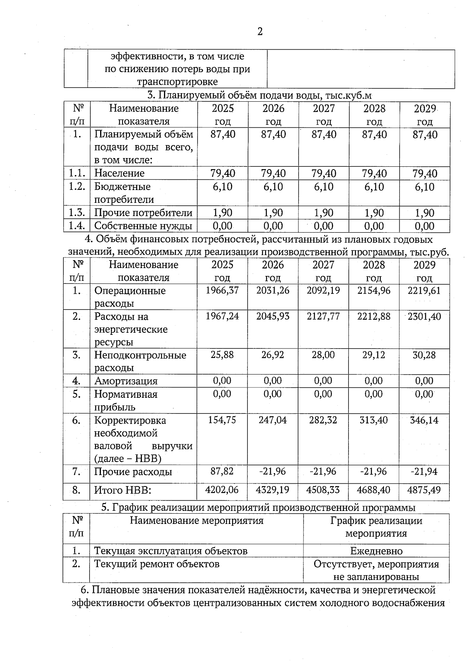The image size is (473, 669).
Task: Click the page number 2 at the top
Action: (260, 32)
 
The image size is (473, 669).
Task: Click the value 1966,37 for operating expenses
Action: (222, 291)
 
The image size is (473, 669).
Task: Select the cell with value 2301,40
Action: (424, 316)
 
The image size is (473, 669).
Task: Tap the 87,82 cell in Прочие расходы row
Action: (222, 471)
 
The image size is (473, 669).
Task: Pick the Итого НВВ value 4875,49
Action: (424, 490)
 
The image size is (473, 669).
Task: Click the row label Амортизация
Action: (126, 381)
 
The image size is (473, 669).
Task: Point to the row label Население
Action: (119, 173)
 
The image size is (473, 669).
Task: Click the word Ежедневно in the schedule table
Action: (376, 551)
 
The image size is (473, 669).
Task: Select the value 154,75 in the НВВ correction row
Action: (222, 420)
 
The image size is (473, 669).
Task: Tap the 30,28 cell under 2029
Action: (424, 355)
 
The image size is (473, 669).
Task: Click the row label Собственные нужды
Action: (143, 226)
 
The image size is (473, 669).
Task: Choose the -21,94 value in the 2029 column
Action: (424, 471)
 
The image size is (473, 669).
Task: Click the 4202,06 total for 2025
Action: (222, 490)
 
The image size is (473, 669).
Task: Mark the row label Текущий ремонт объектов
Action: (156, 564)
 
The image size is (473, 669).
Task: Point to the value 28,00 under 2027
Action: (323, 355)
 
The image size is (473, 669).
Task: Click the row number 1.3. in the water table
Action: (77, 213)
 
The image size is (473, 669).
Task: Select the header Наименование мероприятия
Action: (196, 521)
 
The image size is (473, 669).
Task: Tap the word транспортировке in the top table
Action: (177, 82)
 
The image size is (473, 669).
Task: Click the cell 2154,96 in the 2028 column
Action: (374, 291)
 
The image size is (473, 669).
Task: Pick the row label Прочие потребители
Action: (143, 213)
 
